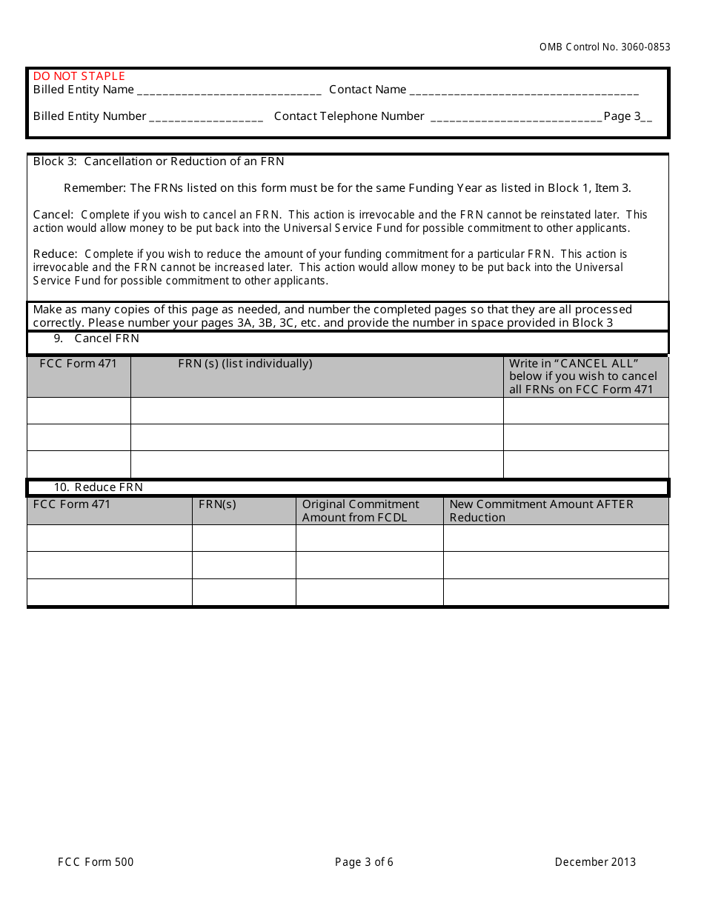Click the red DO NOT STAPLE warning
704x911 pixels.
pyautogui.click(x=79, y=76)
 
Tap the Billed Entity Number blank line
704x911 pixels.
pyautogui.click(x=206, y=119)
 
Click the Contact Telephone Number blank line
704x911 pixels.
pyautogui.click(x=516, y=119)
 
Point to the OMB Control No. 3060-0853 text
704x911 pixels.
pyautogui.click(x=605, y=47)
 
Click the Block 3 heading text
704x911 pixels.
pyautogui.click(x=159, y=161)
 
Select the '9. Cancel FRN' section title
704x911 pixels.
pyautogui.click(x=107, y=338)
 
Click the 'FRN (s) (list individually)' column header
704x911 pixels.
pyautogui.click(x=245, y=364)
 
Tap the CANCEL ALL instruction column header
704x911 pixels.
pyautogui.click(x=583, y=376)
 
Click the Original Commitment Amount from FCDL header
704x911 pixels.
pyautogui.click(x=361, y=511)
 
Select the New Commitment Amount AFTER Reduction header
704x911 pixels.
pyautogui.click(x=541, y=511)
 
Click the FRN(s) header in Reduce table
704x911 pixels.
pyautogui.click(x=218, y=504)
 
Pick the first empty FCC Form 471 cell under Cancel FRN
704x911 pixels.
pyautogui.click(x=79, y=410)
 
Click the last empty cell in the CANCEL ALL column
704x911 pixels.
pyautogui.click(x=585, y=464)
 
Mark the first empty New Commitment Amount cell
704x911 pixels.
pyautogui.click(x=556, y=538)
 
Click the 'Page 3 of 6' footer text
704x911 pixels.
pyautogui.click(x=364, y=862)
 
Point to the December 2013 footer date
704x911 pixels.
pyautogui.click(x=595, y=862)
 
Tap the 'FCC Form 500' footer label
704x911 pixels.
pyautogui.click(x=96, y=862)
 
